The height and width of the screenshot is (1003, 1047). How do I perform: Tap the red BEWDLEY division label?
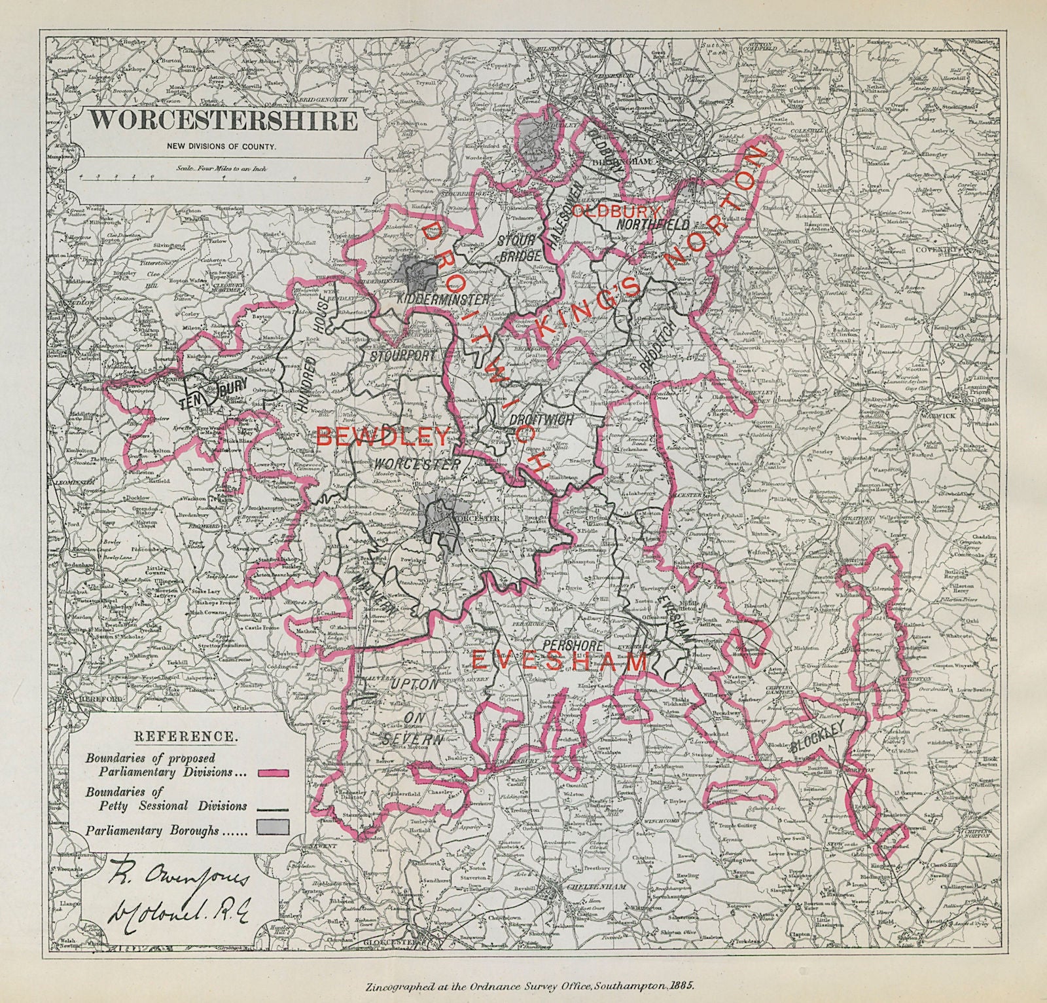point(383,436)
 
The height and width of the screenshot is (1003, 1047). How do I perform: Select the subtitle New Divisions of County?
point(221,147)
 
